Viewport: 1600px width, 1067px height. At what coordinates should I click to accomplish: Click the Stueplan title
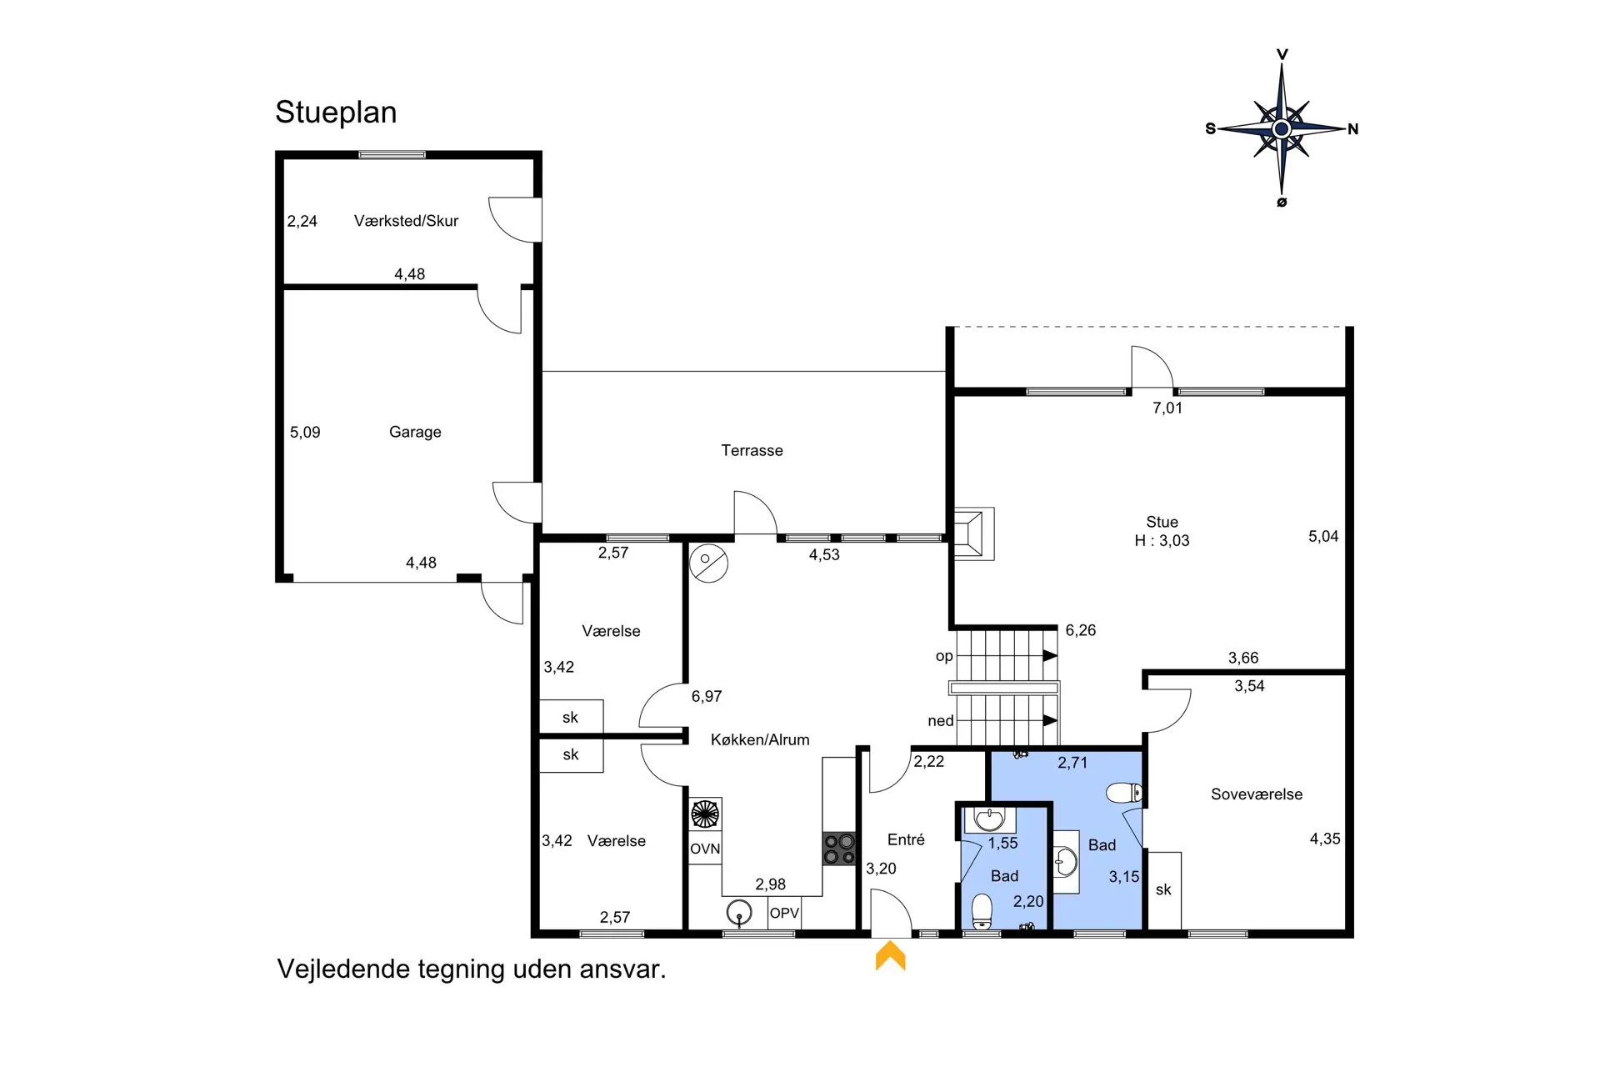[336, 113]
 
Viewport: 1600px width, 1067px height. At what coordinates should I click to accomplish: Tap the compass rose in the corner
[1282, 128]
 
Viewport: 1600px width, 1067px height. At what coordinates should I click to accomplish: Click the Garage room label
[415, 432]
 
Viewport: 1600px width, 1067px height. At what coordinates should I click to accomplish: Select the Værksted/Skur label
[406, 221]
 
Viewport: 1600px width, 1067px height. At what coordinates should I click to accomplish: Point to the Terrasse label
[752, 450]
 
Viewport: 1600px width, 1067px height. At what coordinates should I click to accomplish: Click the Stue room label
[1162, 522]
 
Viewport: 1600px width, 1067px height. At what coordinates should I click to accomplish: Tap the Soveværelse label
[1257, 794]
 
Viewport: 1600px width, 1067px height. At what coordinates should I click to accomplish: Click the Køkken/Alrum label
[760, 739]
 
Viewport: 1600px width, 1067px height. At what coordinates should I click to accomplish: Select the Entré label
[906, 839]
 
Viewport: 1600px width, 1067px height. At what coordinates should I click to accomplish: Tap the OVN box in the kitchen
[705, 849]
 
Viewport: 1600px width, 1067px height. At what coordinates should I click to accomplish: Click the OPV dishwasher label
[784, 913]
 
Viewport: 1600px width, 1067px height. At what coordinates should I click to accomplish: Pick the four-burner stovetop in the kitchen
[839, 849]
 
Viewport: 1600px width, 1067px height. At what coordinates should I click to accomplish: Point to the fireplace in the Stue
[973, 533]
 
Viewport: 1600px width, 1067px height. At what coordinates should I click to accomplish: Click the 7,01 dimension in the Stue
[1167, 408]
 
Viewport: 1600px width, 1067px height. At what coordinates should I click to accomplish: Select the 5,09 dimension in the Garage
[305, 432]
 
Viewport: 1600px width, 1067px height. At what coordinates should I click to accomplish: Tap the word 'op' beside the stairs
[944, 656]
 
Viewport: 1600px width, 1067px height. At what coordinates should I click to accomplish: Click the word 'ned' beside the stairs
[941, 721]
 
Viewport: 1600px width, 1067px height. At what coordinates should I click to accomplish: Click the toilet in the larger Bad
[1124, 792]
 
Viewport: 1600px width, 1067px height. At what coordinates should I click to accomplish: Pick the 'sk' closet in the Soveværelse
[1164, 889]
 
